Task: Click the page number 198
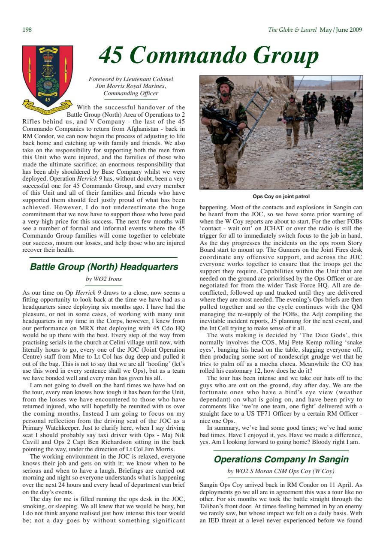coord(27,30)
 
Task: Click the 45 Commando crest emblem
coord(48,77)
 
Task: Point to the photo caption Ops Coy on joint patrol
coord(281,197)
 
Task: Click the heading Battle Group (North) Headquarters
coord(104,267)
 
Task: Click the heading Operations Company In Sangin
coord(281,460)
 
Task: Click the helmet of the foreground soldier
coord(224,82)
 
